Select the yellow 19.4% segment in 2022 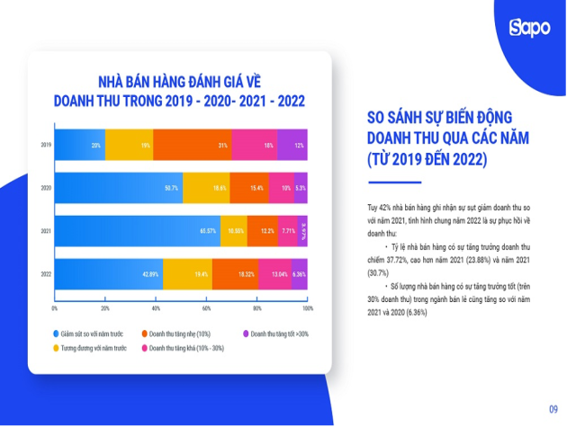(x=187, y=273)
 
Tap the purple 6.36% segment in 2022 (x=300, y=273)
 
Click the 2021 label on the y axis (x=45, y=230)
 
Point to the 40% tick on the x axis (x=156, y=307)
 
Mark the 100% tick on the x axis (x=307, y=307)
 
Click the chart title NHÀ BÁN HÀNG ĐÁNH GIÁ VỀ (x=181, y=82)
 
